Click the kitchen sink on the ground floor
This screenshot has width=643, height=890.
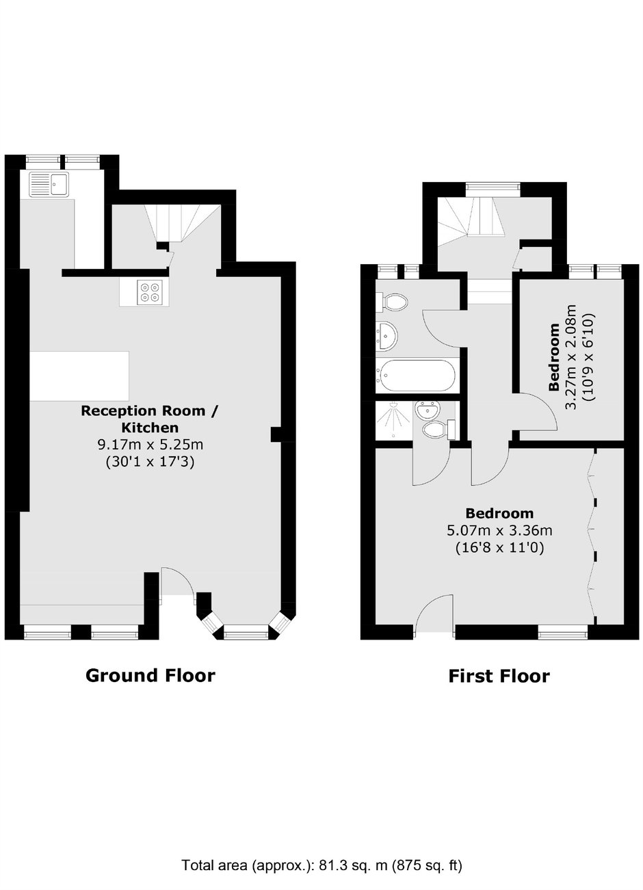tap(49, 183)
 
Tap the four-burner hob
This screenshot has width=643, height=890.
tap(148, 292)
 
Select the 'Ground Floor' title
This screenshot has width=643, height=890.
tap(150, 675)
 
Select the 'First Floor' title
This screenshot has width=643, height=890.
tap(499, 676)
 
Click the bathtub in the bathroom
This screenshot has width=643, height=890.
tap(415, 375)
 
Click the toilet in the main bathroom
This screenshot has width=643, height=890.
tap(391, 302)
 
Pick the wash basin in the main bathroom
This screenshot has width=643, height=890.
tap(386, 336)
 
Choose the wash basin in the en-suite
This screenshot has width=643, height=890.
tap(426, 410)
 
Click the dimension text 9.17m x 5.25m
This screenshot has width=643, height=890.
tap(150, 444)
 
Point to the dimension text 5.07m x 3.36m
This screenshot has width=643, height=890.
tap(499, 530)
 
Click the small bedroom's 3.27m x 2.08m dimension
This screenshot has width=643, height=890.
tap(570, 357)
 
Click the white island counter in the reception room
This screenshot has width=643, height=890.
tap(79, 376)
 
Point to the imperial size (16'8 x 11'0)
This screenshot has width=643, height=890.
tap(499, 548)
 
